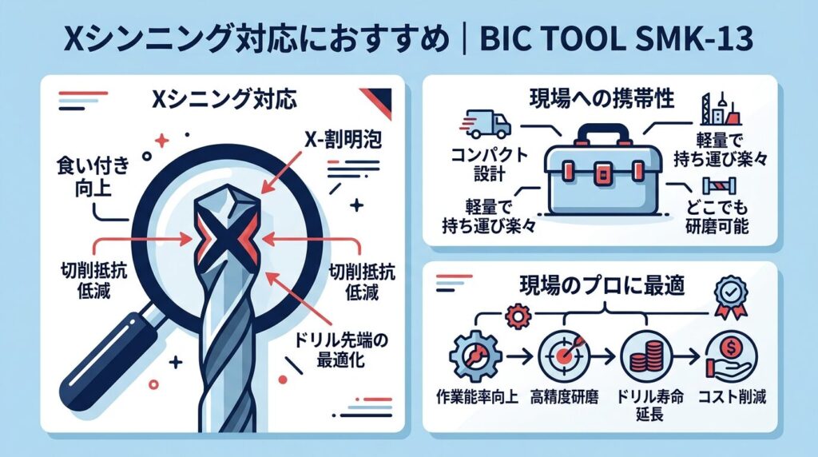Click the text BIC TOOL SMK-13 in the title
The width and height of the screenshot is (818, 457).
point(616,40)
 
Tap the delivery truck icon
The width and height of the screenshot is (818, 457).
point(485,124)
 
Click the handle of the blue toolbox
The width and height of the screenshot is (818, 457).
point(602,134)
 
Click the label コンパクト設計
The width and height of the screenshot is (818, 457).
point(490,164)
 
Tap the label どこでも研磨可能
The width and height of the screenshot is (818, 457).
point(717,217)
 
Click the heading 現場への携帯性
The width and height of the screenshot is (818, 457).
point(602,98)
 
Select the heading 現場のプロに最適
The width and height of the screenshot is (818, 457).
point(602,285)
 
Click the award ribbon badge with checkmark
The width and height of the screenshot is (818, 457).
point(730,297)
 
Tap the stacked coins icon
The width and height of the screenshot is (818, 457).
point(647,356)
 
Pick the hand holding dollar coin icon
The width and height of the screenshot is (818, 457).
point(730,356)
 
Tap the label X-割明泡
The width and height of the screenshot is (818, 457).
point(343,139)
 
